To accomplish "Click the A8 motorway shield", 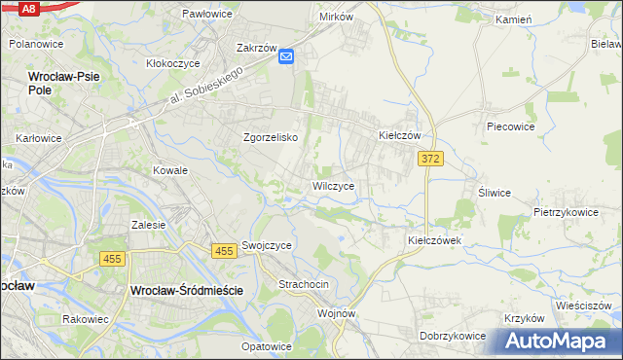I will pos(28,8).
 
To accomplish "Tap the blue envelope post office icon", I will pos(286,58).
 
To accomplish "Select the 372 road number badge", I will pos(431,158).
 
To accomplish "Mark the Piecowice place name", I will pos(513,126).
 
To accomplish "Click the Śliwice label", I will pos(494,193).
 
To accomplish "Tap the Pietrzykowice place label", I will pos(565,211).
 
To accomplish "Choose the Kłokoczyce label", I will pos(172,63).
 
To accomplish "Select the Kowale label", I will pos(169,170).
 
